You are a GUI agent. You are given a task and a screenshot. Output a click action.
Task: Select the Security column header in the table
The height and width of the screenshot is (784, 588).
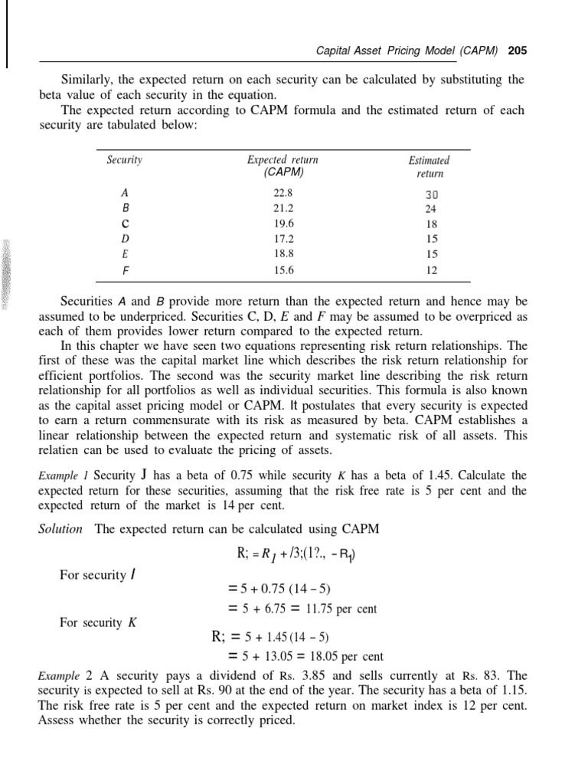pos(125,160)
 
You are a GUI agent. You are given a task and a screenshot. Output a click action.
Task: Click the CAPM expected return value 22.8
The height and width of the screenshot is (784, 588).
pos(283,193)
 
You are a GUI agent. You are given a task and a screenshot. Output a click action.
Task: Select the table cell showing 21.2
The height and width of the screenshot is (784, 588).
pos(283,207)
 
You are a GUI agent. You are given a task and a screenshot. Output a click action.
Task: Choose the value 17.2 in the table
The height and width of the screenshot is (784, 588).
pos(283,238)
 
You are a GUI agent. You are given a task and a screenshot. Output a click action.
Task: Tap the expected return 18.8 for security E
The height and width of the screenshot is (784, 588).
pos(283,253)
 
